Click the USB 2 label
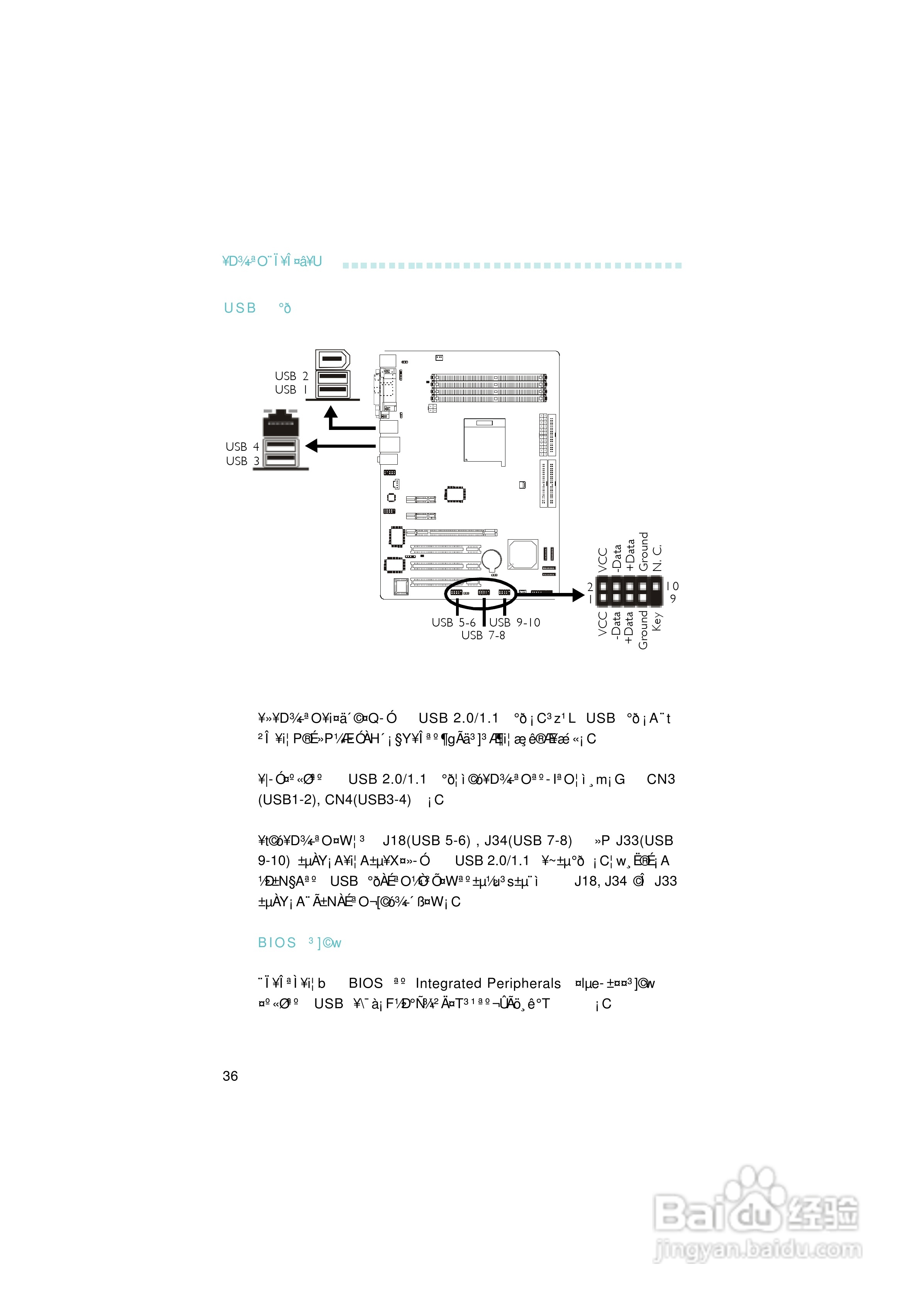(291, 376)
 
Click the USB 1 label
(291, 390)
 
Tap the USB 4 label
(242, 447)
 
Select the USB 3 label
(242, 461)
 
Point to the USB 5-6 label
(453, 623)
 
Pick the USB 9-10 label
(514, 623)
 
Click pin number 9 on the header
(673, 599)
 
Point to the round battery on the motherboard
(491, 560)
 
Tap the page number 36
(230, 1076)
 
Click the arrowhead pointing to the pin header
(578, 594)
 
